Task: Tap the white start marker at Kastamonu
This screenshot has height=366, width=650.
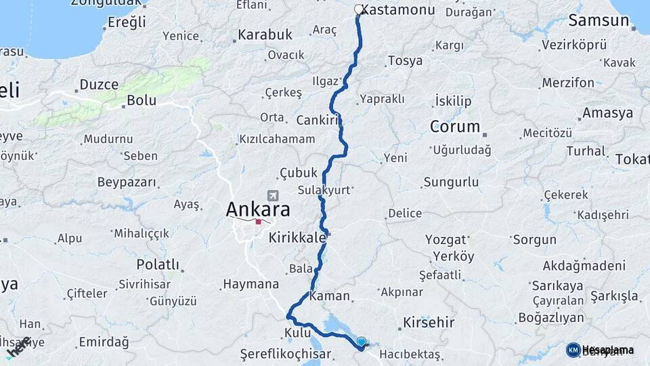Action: click(x=358, y=9)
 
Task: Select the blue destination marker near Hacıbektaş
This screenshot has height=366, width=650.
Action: click(x=361, y=342)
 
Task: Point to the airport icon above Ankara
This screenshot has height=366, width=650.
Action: click(x=273, y=195)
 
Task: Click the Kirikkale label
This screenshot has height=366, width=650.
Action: click(x=297, y=238)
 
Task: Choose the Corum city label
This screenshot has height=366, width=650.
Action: click(x=455, y=127)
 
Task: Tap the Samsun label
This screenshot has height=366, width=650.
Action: click(x=599, y=20)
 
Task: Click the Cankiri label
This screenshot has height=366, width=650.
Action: click(x=317, y=120)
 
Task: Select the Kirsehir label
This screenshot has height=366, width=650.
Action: click(x=429, y=322)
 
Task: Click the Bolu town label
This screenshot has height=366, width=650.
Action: click(x=142, y=101)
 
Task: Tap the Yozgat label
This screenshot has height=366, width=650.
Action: click(x=446, y=239)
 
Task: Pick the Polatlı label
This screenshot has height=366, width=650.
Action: click(x=158, y=264)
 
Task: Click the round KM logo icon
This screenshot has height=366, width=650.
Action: click(x=573, y=350)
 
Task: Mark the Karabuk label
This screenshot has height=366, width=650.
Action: click(x=265, y=34)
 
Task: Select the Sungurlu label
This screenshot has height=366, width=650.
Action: click(x=451, y=182)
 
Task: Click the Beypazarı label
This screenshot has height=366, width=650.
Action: click(x=127, y=182)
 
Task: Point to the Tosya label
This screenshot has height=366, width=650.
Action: click(x=405, y=60)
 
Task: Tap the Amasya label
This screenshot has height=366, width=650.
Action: click(x=607, y=113)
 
